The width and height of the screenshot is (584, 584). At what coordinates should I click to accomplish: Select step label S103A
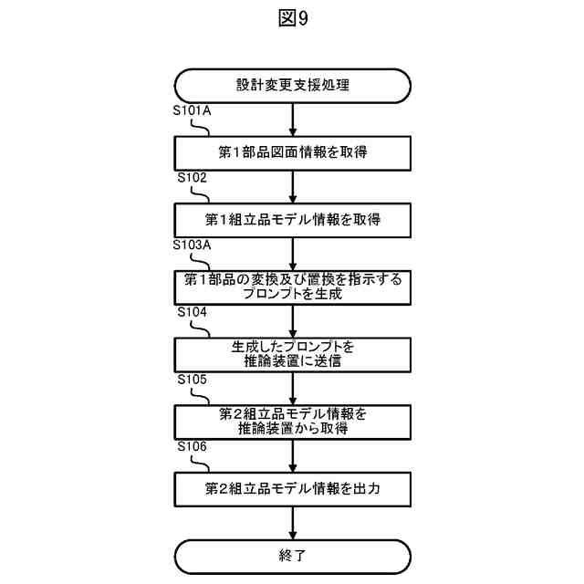[x=193, y=245]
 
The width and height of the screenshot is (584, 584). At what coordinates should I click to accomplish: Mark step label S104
[x=192, y=312]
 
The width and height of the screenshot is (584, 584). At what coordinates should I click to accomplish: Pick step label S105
[x=192, y=379]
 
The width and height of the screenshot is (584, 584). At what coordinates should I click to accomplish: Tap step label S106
[x=192, y=446]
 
